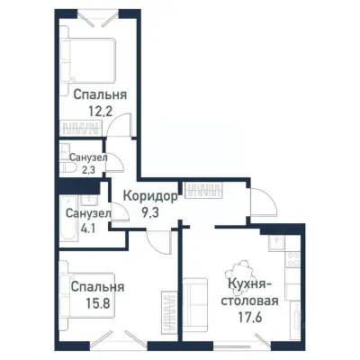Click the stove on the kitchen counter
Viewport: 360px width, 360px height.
(x=292, y=260)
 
